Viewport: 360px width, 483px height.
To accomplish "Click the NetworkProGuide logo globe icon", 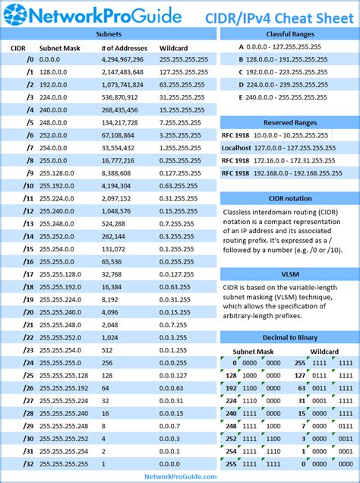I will pos(15,15).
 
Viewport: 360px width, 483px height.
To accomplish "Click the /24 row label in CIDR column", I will pos(28,362).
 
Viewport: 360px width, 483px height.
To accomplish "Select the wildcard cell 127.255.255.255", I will pos(184,72).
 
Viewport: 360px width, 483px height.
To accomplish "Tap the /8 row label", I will pos(29,160).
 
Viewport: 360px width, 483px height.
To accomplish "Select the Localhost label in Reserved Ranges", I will pos(237,148).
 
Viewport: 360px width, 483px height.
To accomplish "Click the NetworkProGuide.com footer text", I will pos(180,476).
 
